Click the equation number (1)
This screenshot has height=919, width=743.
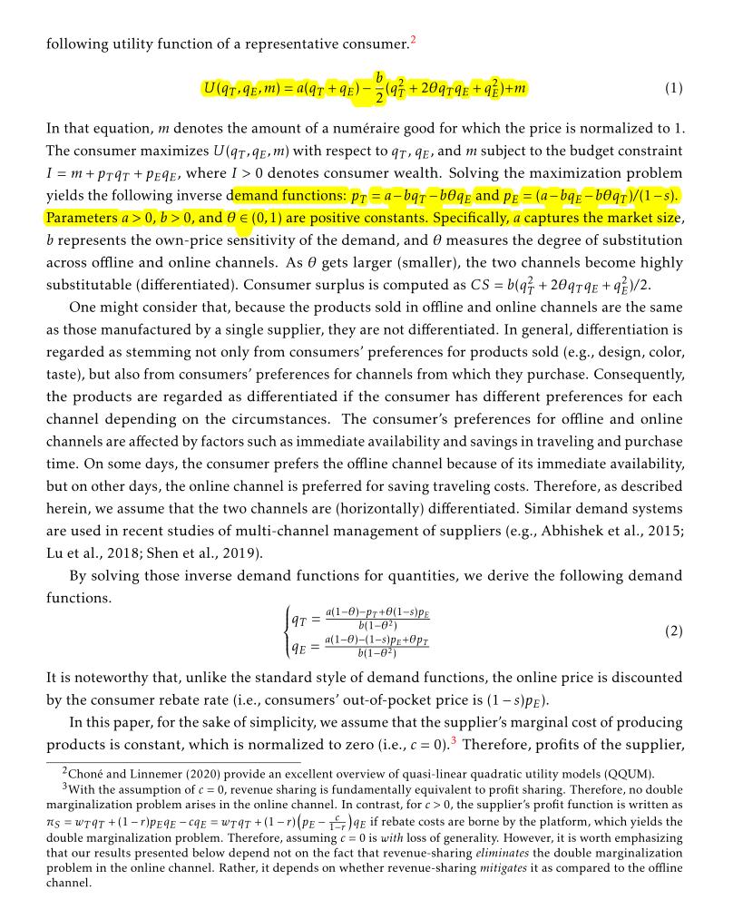pyautogui.click(x=673, y=88)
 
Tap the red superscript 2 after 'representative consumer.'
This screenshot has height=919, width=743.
pyautogui.click(x=412, y=39)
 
